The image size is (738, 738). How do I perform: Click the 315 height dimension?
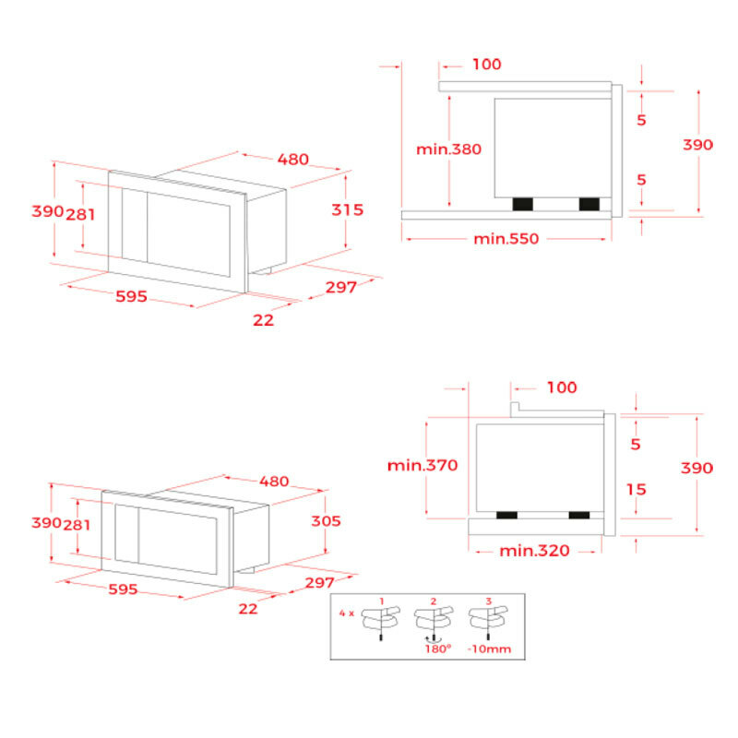(x=347, y=209)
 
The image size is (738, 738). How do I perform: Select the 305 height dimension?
(x=324, y=521)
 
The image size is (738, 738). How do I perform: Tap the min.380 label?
(x=449, y=149)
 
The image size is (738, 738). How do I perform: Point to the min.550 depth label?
(x=506, y=239)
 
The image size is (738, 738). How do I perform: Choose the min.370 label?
(x=423, y=465)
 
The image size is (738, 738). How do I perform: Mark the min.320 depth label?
(x=535, y=551)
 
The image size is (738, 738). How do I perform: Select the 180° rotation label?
(x=438, y=649)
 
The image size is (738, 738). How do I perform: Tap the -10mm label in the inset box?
(x=490, y=649)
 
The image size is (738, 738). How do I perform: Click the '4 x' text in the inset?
(x=345, y=612)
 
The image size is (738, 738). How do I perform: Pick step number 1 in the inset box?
(x=381, y=601)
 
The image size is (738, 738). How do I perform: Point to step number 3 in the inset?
(x=489, y=601)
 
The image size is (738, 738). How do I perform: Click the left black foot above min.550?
(x=523, y=203)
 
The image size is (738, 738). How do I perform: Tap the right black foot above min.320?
(x=578, y=514)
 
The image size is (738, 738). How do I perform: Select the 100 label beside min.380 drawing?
(x=486, y=65)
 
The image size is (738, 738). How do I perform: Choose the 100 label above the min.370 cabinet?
(x=561, y=387)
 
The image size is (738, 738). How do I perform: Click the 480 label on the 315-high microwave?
(x=293, y=159)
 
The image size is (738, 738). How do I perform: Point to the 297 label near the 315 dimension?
(x=340, y=287)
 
